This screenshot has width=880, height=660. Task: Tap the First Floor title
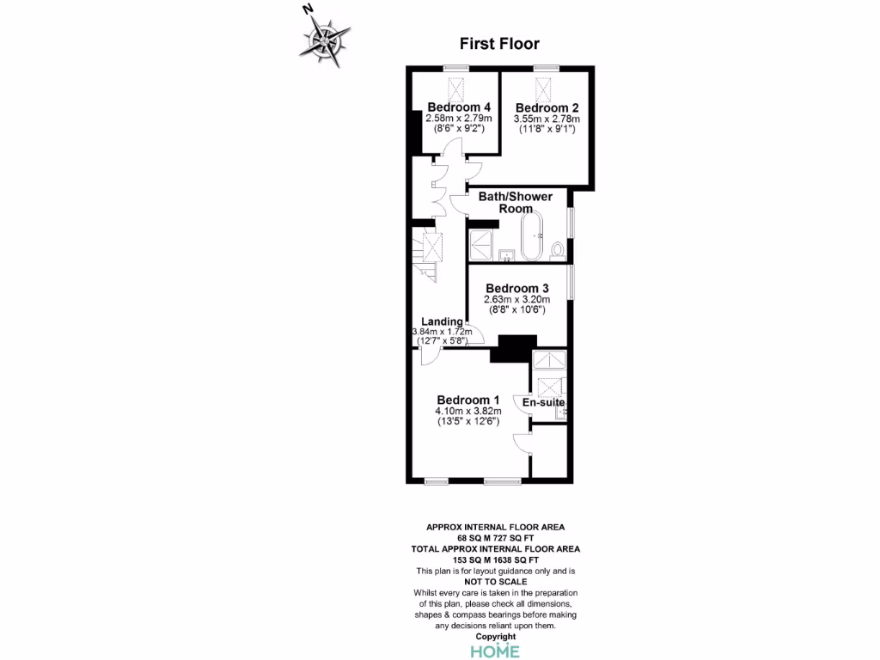(499, 44)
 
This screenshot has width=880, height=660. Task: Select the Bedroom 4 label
(453, 107)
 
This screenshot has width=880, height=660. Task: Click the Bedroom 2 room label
(547, 107)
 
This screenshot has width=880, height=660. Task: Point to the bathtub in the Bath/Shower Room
(530, 237)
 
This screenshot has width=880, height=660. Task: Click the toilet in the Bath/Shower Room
(558, 250)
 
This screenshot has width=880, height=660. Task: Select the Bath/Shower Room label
(516, 203)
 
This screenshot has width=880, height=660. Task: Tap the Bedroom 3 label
(516, 288)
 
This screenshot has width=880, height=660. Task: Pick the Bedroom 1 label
(467, 400)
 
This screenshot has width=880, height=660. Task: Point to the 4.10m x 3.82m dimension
(467, 412)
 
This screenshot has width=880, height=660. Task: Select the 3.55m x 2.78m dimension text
(547, 119)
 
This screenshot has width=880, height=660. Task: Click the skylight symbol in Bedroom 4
(456, 88)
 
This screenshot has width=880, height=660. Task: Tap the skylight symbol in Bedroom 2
(544, 89)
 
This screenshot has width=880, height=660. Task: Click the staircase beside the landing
(426, 254)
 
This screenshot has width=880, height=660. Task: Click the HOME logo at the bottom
(495, 651)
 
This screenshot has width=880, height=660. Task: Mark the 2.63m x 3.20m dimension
(516, 299)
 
